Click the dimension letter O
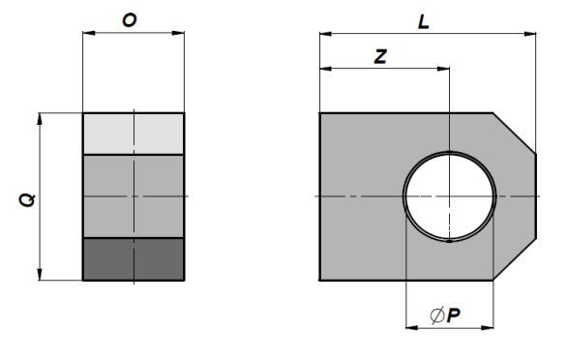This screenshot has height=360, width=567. pos(130,20)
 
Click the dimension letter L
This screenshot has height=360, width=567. pos(424,22)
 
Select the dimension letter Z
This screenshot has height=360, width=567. pos(380,57)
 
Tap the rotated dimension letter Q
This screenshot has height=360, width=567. pos(27,200)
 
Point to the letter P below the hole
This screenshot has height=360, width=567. pos(454,315)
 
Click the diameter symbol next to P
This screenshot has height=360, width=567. pos(437,315)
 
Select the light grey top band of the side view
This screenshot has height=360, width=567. pos(134,134)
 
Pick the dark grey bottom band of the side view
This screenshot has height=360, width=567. pos(134,259)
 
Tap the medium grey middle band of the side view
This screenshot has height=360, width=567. pos(134,196)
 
